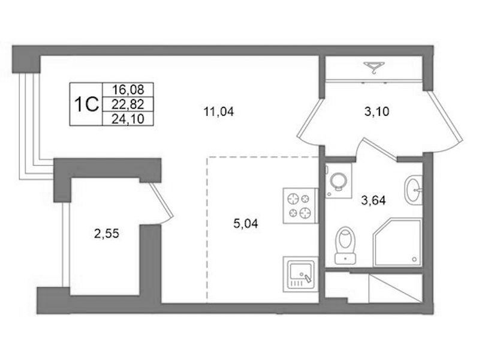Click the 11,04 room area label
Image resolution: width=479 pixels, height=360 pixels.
coord(219,112)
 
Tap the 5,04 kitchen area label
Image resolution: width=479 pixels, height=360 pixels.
coord(246,224)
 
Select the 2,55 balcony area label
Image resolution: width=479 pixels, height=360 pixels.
coord(107,234)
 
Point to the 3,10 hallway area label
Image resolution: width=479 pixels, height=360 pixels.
coord(376,112)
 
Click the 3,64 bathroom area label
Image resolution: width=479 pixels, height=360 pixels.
coord(373,200)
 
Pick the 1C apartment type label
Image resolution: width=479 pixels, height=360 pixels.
coord(87,104)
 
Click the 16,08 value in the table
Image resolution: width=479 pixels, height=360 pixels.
coord(128,90)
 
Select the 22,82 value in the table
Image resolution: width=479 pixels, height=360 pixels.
coord(128,104)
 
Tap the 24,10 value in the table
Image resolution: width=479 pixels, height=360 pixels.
coord(128,119)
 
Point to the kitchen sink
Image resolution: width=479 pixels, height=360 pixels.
coord(300,274)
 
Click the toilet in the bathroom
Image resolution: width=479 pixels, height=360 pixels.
coord(345,245)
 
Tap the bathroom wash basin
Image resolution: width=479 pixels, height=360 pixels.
coord(414,190)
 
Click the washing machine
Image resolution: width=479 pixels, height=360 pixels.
coord(339,181)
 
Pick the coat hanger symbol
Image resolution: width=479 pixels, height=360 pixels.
coord(374,68)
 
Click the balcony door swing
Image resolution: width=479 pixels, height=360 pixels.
coord(162,203)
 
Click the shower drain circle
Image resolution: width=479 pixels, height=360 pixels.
coord(414,259)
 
